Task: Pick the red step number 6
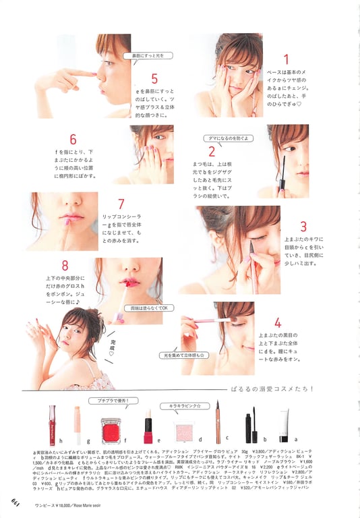pos(73,140)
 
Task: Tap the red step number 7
pos(121,204)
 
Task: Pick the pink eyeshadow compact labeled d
pos(184,430)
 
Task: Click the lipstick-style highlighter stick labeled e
pos(148,427)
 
